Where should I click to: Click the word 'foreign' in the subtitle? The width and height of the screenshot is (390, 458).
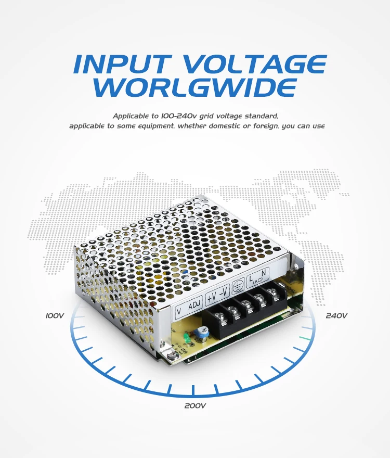(262, 126)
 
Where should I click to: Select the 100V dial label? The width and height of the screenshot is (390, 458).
(55, 315)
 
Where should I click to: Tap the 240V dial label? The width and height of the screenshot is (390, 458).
(336, 315)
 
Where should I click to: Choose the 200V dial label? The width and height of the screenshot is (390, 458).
(196, 405)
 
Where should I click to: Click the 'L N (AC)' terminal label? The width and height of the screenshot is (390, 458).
(258, 281)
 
